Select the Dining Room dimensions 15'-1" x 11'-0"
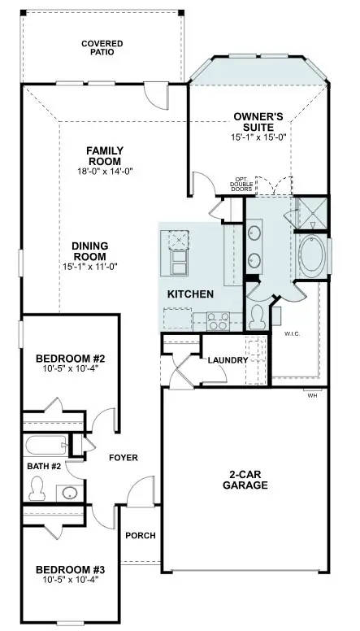tap(90, 268)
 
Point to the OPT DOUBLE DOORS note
tap(241, 185)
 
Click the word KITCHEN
tap(190, 294)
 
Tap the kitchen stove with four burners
tap(217, 320)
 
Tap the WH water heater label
tap(312, 396)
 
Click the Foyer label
tap(123, 458)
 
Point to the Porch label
tap(139, 535)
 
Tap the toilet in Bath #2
tap(36, 488)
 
